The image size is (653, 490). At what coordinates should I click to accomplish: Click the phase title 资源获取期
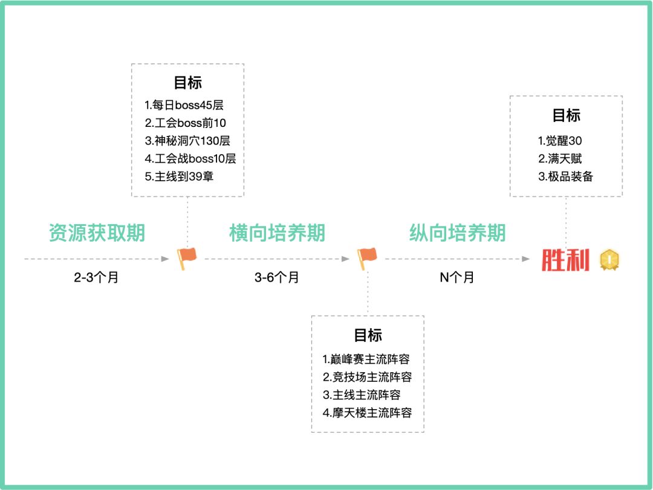(97, 233)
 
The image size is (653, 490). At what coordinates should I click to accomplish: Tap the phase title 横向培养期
(277, 233)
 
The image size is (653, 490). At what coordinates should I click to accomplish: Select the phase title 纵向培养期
(457, 233)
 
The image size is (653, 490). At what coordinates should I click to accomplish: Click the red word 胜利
(565, 260)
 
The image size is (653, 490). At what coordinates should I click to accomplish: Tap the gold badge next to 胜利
(609, 260)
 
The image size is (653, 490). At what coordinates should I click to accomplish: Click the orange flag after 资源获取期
(187, 259)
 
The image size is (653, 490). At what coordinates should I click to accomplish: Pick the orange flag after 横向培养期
(366, 259)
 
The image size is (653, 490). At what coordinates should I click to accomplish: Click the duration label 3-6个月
(276, 278)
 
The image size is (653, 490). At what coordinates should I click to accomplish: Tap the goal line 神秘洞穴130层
(187, 141)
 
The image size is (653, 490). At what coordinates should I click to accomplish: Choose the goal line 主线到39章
(179, 177)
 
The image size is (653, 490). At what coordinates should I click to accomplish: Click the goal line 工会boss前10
(186, 123)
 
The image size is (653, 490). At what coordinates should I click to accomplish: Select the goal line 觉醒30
(560, 141)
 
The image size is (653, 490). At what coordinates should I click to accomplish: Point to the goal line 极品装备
(566, 177)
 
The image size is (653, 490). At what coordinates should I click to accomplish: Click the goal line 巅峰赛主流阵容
(366, 359)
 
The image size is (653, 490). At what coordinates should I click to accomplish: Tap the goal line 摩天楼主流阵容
(367, 413)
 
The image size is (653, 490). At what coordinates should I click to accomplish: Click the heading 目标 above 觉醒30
(566, 115)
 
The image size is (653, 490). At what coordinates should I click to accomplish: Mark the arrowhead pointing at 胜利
(526, 259)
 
